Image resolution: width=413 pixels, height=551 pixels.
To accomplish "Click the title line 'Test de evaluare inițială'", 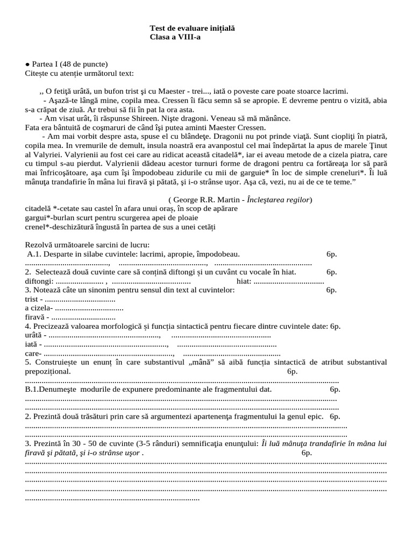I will point(192,28).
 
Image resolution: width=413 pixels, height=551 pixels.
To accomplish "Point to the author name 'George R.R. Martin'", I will point(208,200).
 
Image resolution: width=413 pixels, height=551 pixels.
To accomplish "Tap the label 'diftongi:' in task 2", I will point(39,281).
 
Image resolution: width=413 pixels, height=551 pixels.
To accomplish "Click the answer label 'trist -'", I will point(34,300).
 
